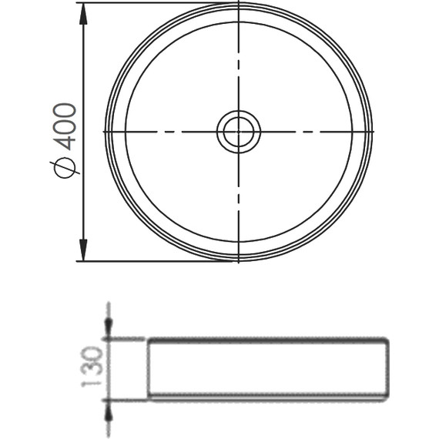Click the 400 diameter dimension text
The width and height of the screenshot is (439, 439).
tap(65, 126)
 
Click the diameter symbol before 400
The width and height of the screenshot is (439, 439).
tap(65, 167)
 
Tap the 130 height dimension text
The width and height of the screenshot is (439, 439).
tap(92, 367)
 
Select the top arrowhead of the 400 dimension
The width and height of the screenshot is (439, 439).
tap(83, 13)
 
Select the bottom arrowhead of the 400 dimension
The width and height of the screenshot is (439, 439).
tap(83, 250)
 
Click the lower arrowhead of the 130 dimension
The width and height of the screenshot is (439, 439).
tap(109, 411)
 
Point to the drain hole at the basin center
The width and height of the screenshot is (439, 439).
tap(239, 132)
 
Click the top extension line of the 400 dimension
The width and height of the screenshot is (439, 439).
tap(157, 2)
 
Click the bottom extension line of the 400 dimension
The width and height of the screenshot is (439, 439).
tap(155, 261)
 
